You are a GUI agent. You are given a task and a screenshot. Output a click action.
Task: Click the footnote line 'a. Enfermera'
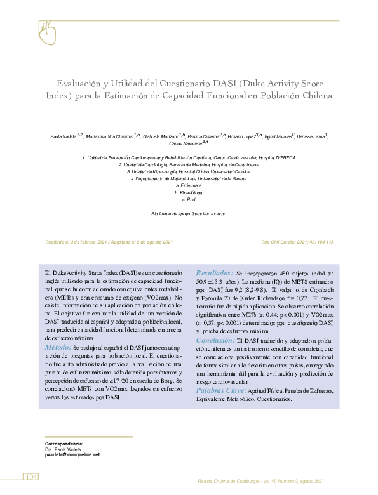click(189, 185)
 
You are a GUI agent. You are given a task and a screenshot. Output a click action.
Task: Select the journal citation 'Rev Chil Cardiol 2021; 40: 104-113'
click(297, 243)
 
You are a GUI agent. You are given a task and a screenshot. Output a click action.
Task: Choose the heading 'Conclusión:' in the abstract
click(215, 340)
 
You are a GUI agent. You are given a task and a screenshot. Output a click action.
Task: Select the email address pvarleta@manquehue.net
click(73, 455)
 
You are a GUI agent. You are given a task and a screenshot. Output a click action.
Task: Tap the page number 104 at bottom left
click(31, 477)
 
